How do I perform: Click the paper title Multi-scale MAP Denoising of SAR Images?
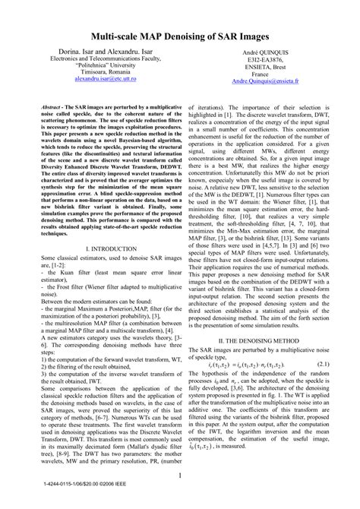click(x=180, y=35)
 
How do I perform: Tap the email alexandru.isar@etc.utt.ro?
click(x=93, y=78)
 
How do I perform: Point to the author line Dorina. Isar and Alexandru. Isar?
click(x=93, y=49)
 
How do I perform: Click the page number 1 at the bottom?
click(x=180, y=476)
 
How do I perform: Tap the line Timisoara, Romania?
click(x=93, y=71)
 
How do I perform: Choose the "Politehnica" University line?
click(x=93, y=64)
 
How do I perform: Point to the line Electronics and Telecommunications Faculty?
click(x=93, y=56)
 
